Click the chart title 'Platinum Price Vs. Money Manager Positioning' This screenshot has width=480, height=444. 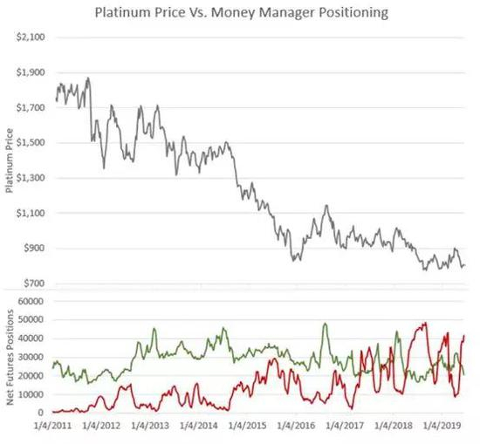click(240, 14)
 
